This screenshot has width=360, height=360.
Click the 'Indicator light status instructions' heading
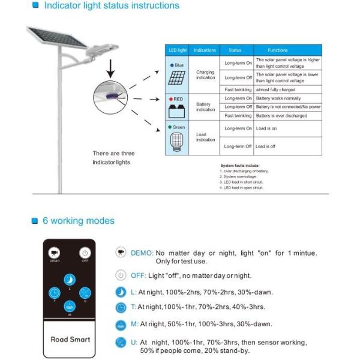coord(110,6)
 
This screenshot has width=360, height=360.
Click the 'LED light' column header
coord(178,50)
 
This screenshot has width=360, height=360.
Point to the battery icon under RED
coord(177,112)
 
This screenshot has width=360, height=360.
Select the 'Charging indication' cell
coord(205,75)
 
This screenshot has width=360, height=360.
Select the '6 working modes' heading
coord(78,221)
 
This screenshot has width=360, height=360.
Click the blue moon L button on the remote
coord(70,280)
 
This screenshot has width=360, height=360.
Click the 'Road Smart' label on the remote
coord(70,339)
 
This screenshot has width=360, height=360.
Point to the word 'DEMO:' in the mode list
coord(142,253)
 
